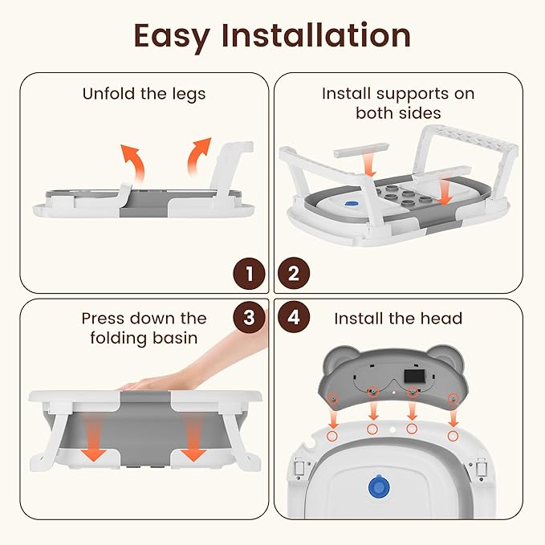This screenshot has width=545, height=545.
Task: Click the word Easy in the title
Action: click(x=172, y=37)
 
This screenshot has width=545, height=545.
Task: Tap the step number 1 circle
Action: click(x=249, y=274)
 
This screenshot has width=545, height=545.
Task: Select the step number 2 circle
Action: click(x=294, y=274)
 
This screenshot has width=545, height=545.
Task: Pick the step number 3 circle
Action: click(x=249, y=317)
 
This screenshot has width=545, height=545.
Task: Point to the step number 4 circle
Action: click(x=294, y=317)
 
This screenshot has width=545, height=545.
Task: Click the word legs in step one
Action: click(x=189, y=95)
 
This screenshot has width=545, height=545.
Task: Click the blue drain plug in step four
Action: click(x=379, y=486)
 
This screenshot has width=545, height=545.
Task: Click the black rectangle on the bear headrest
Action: click(x=415, y=376)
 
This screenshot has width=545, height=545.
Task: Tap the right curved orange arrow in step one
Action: click(x=198, y=157)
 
